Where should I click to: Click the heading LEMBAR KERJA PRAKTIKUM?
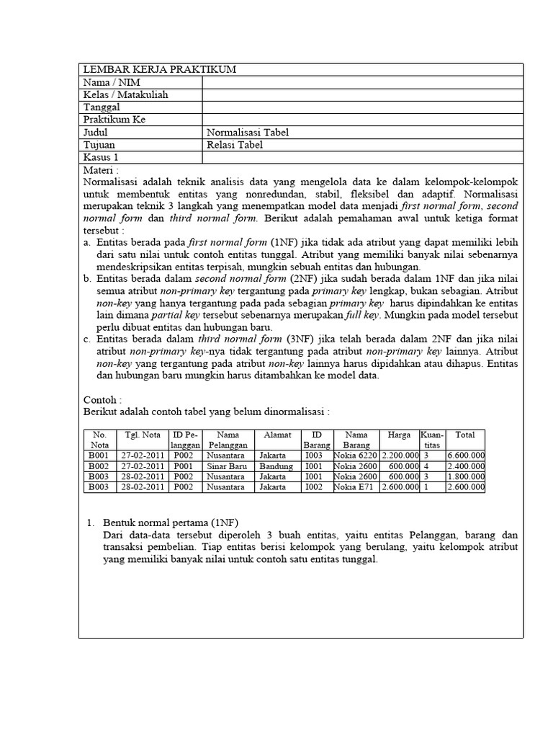pos(160,69)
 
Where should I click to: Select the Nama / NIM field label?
pos(112,82)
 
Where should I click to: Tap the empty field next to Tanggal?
pos(362,107)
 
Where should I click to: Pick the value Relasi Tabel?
pos(235,145)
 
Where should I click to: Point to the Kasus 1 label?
pos(102,157)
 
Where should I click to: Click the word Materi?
pos(101,170)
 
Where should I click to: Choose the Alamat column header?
pos(277,435)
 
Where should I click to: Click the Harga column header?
pos(399,435)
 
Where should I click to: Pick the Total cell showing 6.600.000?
pos(466,455)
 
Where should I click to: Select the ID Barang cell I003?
pos(314,455)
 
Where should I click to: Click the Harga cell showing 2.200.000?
pos(400,455)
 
